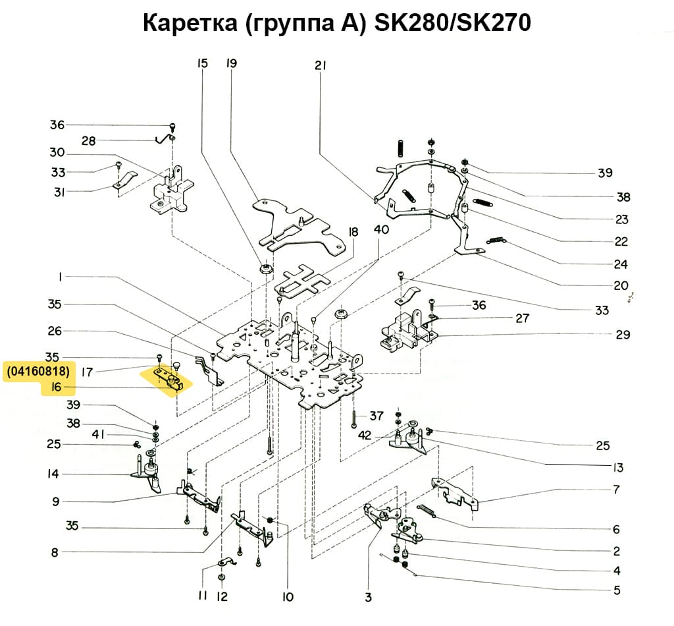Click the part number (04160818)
point(38,371)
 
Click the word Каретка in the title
point(190,23)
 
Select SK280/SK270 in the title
point(452,23)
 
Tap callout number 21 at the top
point(321,65)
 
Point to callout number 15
point(201,64)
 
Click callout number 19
point(231,64)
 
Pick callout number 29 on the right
point(623,335)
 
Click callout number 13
point(616,468)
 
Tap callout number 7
point(616,490)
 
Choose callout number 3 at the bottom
point(368,598)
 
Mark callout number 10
point(287,598)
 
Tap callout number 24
point(620,265)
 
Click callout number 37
point(376,416)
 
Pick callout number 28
point(88,140)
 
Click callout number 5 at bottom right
point(616,590)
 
